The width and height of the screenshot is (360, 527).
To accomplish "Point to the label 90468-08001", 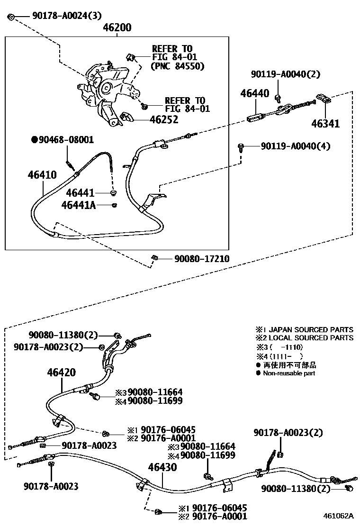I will tap(66, 140).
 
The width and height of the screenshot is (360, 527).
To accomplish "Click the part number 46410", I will tap(42, 175).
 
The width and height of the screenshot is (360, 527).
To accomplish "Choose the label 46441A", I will tap(78, 205).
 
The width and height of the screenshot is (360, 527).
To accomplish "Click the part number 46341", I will tap(325, 124).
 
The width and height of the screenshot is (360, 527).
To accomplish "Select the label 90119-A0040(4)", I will tap(296, 146).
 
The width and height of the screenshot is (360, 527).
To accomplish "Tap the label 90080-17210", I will tap(202, 259).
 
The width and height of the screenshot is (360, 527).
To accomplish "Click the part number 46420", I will tap(61, 373).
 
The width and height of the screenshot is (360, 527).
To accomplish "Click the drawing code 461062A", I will tap(339, 516).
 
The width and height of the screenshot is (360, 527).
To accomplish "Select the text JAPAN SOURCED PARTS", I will tap(311, 329).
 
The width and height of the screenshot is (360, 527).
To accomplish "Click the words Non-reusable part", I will tap(289, 373).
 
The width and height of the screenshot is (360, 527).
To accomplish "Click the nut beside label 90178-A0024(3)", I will tap(11, 18).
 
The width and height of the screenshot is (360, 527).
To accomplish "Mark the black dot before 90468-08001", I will tap(34, 140).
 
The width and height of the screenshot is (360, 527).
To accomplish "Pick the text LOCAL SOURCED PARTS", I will tap(311, 338).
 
